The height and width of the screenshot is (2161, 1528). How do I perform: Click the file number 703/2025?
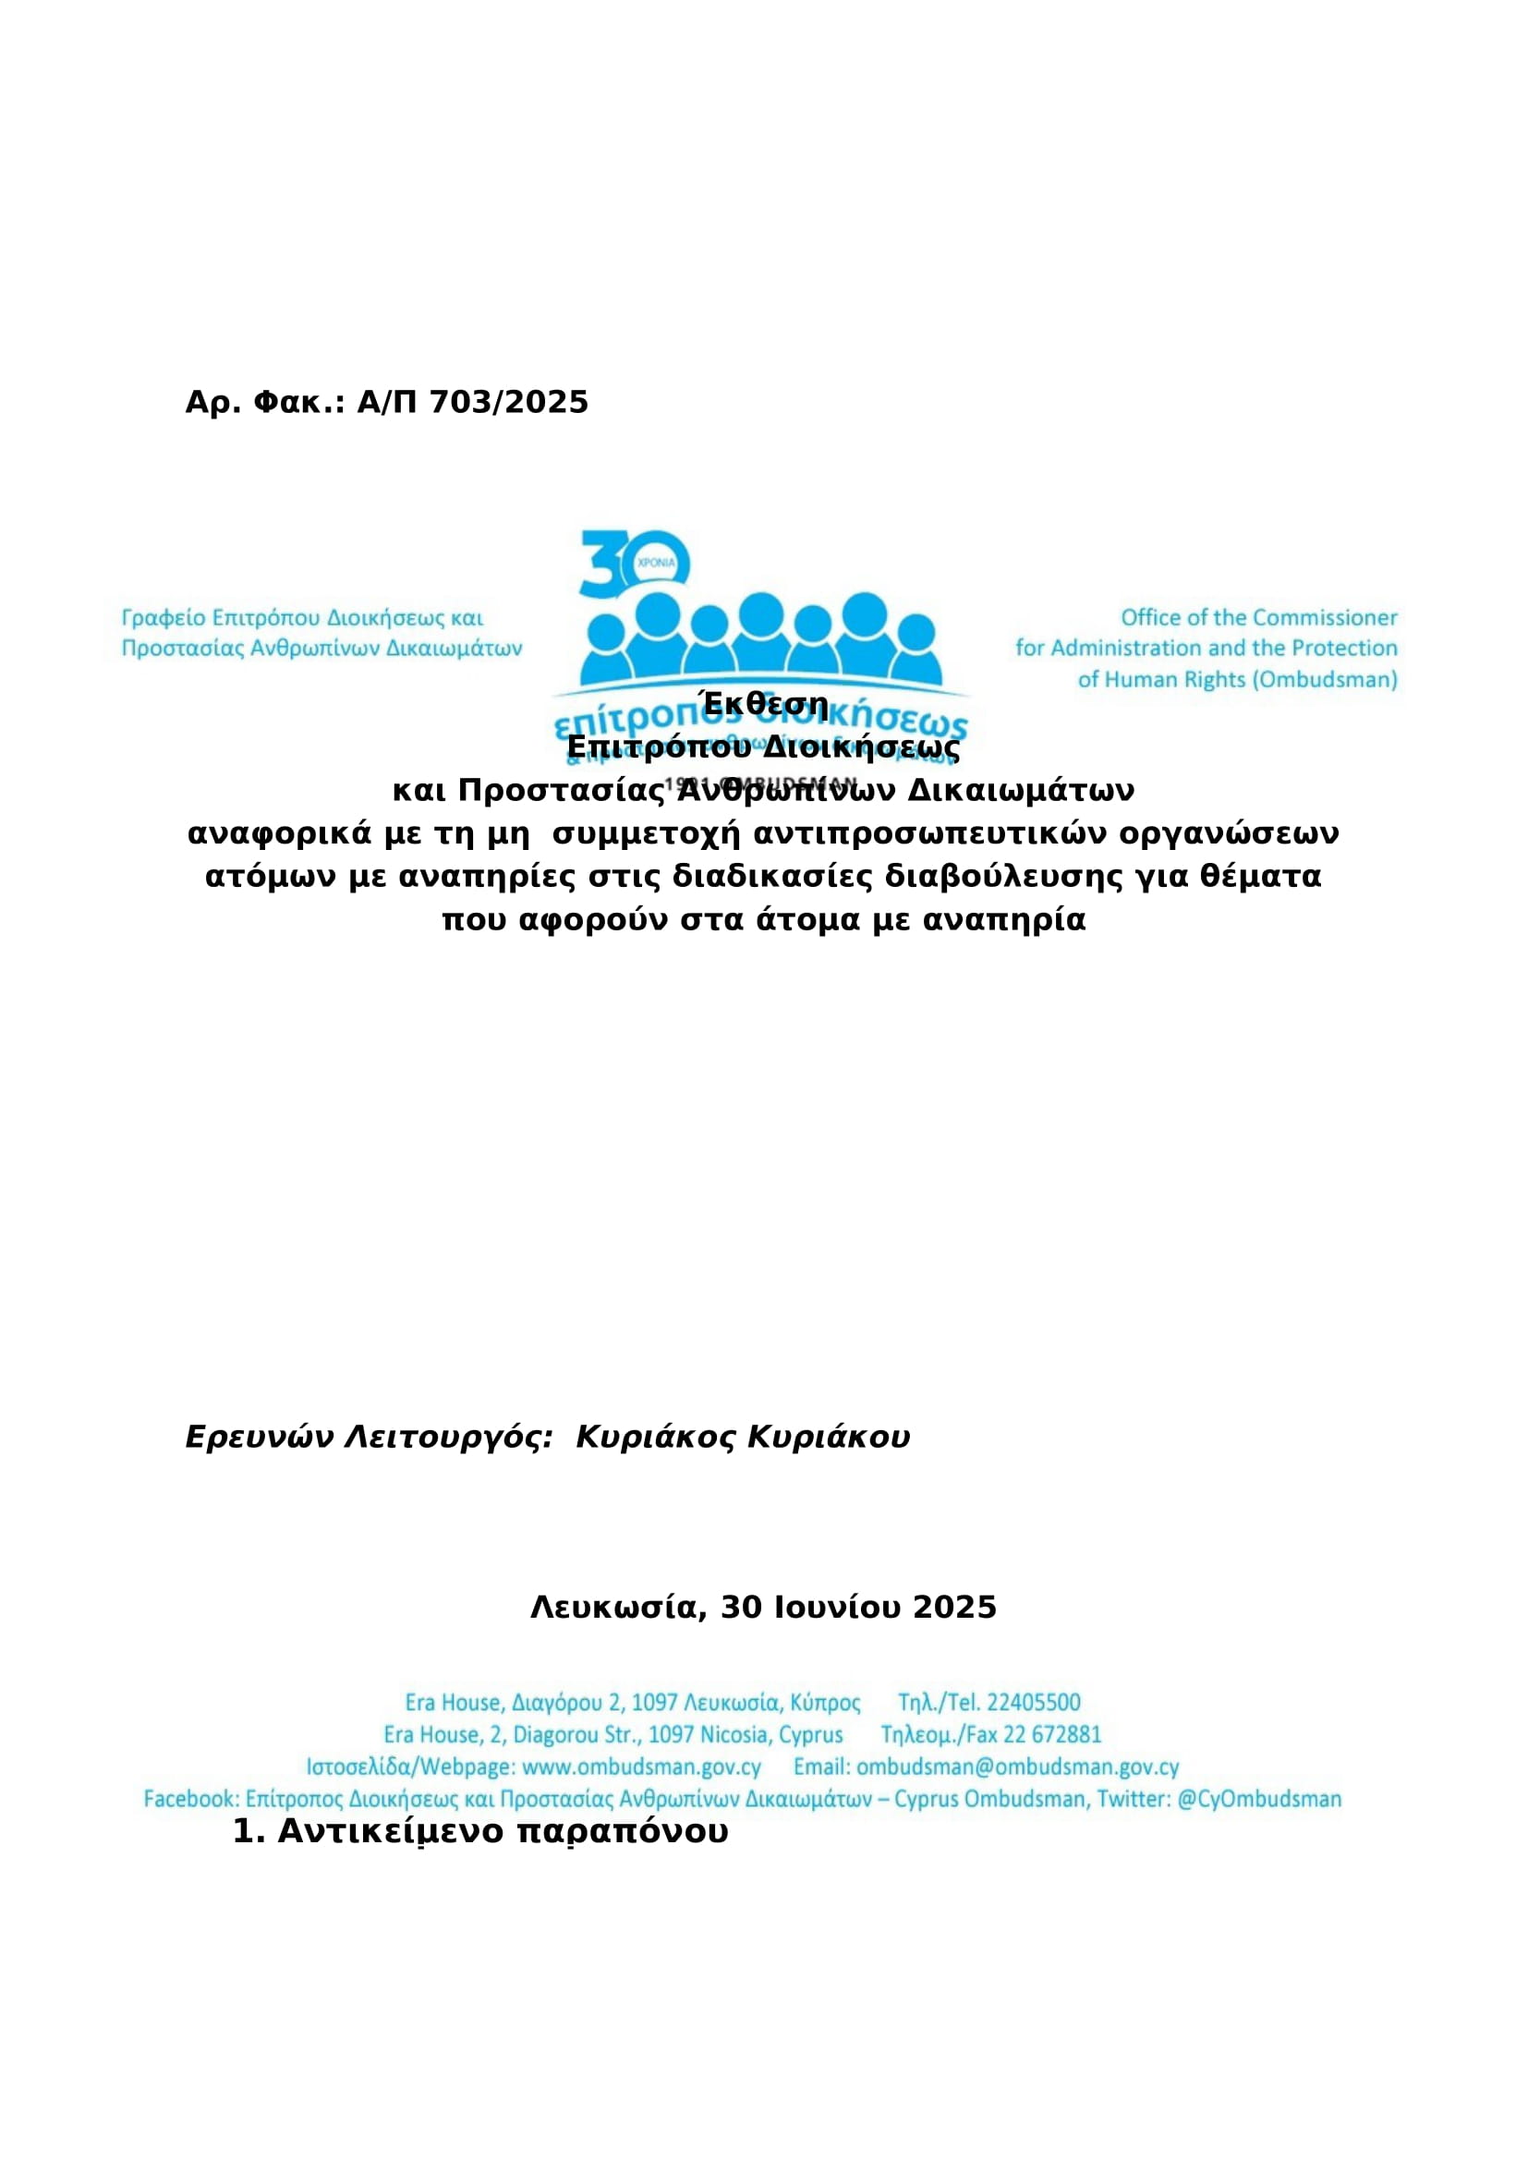(x=508, y=403)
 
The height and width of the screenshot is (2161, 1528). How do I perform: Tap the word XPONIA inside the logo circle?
(x=656, y=562)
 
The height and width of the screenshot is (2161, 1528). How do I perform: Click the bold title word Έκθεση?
(x=764, y=704)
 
